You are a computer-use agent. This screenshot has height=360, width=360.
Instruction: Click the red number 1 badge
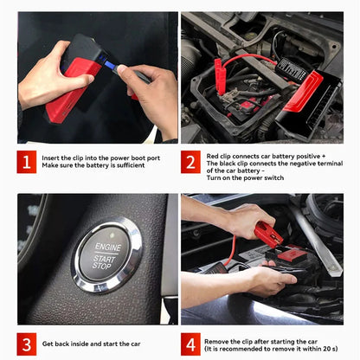coord(27,162)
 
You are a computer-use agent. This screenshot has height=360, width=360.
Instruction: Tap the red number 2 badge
coord(190,162)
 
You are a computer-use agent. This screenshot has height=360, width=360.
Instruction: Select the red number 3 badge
coord(27,344)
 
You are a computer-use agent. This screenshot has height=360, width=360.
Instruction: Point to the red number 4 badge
coord(190,344)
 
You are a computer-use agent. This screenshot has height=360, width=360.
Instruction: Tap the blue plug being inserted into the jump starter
coord(110,66)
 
